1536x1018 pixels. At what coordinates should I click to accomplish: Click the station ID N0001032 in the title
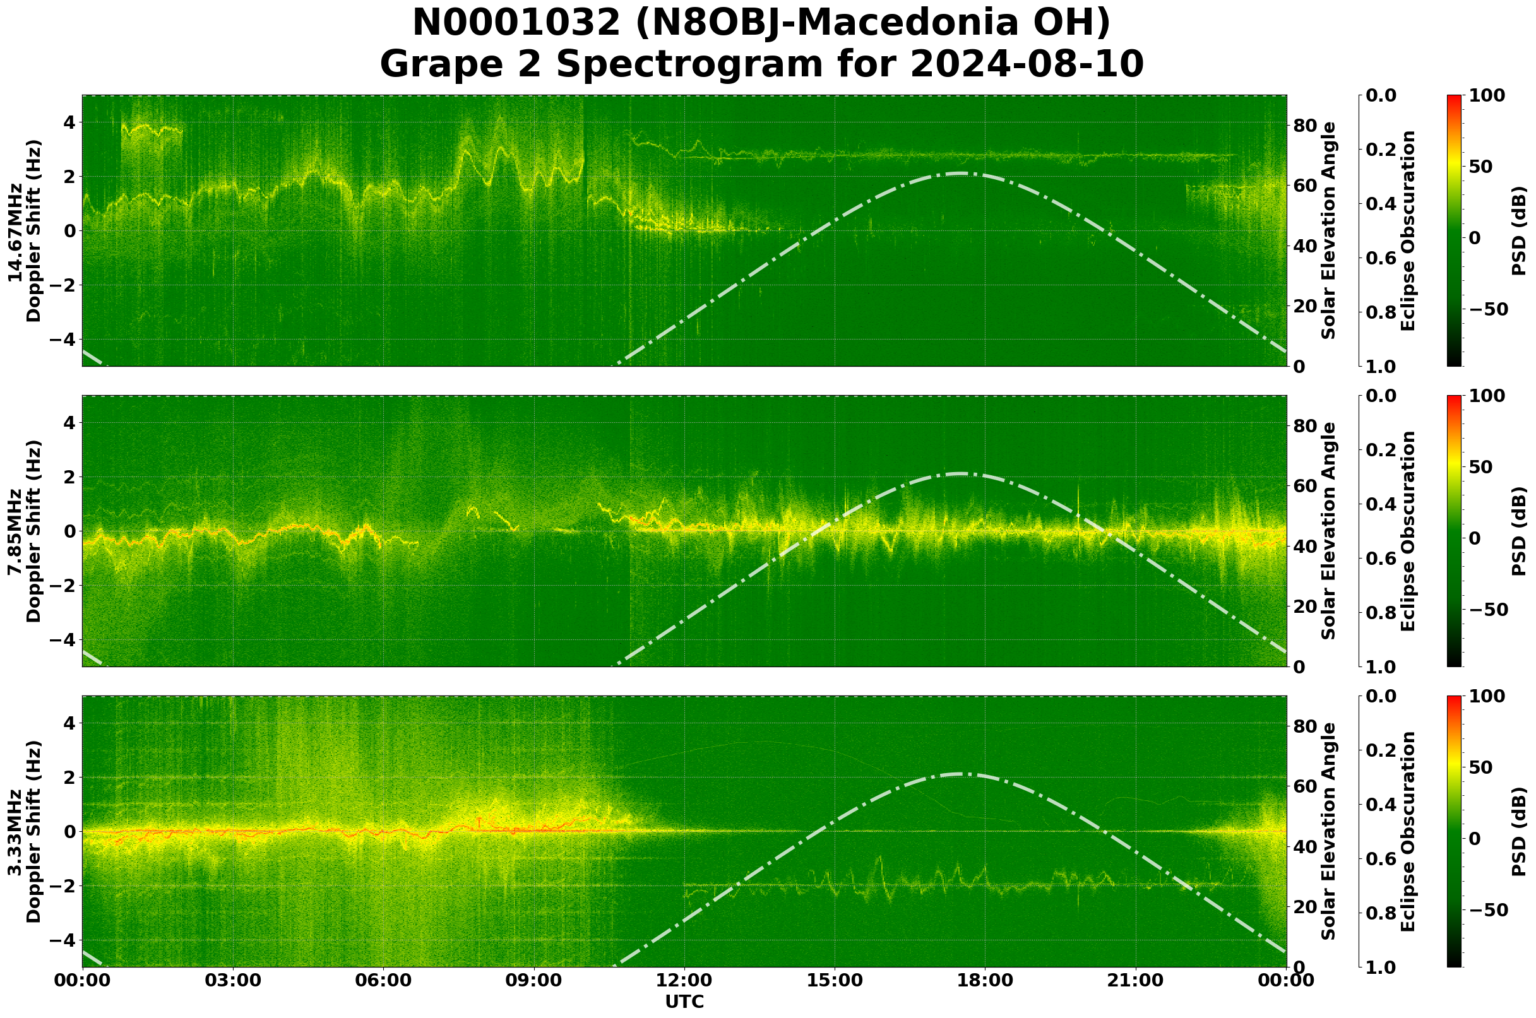(x=517, y=23)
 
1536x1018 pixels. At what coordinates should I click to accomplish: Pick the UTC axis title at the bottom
(x=684, y=1002)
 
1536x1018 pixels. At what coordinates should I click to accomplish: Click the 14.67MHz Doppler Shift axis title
(x=24, y=230)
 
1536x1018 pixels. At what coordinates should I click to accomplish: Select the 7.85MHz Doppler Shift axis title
(x=24, y=531)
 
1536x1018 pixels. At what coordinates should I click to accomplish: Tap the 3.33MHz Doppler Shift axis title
(x=24, y=832)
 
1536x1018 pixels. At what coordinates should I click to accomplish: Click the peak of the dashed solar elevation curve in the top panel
(x=960, y=174)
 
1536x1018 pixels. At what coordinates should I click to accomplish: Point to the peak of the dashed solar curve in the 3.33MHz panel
(x=960, y=774)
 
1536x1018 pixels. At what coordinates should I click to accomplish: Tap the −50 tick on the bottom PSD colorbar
(x=1487, y=910)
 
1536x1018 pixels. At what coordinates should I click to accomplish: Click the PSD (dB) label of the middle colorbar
(x=1519, y=531)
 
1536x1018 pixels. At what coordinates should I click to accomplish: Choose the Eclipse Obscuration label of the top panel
(x=1407, y=230)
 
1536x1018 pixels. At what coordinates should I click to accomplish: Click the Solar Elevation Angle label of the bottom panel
(x=1329, y=832)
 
